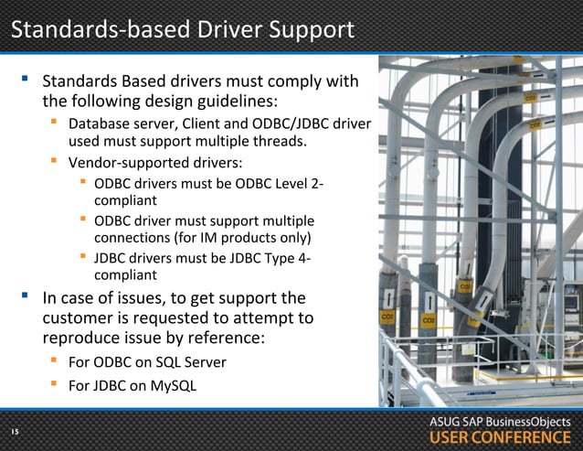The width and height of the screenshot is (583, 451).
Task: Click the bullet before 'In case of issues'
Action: pyautogui.click(x=25, y=296)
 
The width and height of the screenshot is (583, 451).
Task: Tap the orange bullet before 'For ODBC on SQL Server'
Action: pyautogui.click(x=54, y=361)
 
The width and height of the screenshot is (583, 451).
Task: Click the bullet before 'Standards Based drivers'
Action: pyautogui.click(x=25, y=81)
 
